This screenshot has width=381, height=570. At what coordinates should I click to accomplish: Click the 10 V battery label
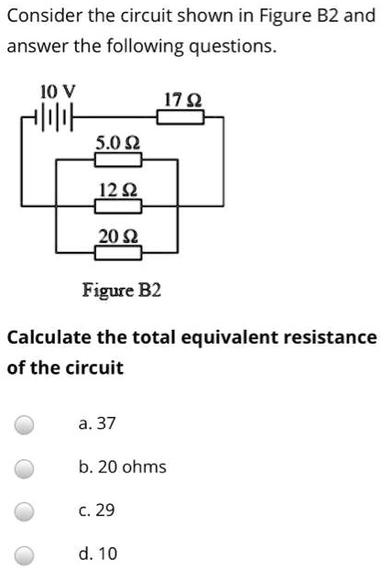(51, 90)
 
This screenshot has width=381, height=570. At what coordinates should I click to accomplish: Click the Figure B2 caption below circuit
(122, 290)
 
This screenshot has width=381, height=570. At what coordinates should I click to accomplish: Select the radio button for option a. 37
(25, 424)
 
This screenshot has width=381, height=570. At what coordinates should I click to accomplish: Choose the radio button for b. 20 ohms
(25, 467)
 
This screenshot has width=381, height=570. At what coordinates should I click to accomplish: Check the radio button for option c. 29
(25, 510)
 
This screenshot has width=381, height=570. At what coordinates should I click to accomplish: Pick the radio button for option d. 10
(25, 554)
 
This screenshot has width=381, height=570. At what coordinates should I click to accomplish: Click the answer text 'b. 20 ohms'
(122, 467)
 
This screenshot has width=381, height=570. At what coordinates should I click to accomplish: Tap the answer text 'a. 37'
(97, 424)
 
